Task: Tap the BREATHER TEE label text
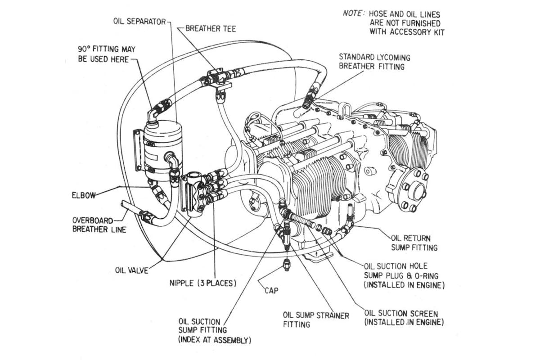[x=211, y=29]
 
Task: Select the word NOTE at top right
[x=352, y=13]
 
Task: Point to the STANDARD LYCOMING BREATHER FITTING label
[x=374, y=62]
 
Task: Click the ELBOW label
[x=84, y=196]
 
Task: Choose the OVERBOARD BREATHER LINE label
[x=99, y=225]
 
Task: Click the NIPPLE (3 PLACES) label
[x=202, y=283]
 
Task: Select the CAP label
[x=271, y=291]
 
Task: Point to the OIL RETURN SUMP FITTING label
[x=414, y=243]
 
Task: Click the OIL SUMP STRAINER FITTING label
[x=315, y=319]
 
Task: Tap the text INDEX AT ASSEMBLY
[x=215, y=340]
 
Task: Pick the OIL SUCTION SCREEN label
[x=404, y=318]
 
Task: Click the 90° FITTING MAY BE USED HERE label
[x=106, y=54]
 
